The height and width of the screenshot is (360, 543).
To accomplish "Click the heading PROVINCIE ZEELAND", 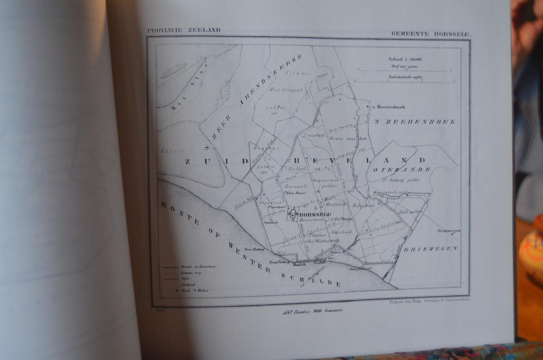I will click(x=184, y=30).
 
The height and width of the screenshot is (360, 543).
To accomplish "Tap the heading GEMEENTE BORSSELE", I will click(x=431, y=34).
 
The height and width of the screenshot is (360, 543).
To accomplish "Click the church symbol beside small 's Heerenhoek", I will click(x=367, y=107).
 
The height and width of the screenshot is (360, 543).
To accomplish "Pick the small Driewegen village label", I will click(x=449, y=231).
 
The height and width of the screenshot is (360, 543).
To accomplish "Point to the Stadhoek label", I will click(x=270, y=222).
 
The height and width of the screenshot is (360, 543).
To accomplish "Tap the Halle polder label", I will click(x=409, y=211).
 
